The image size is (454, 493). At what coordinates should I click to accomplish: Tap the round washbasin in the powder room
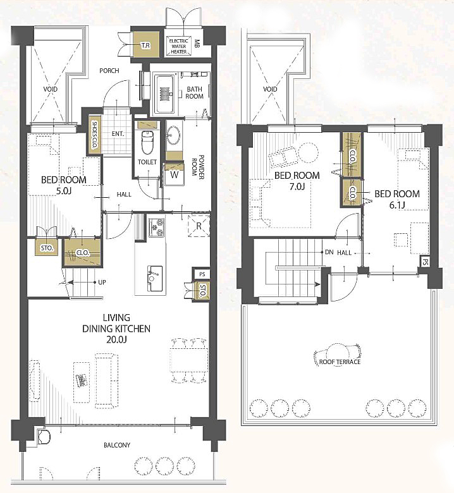pyautogui.click(x=173, y=135)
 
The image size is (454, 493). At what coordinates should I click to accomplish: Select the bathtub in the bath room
pyautogui.click(x=164, y=94)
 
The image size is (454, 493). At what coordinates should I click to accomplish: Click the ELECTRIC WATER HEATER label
pyautogui.click(x=179, y=46)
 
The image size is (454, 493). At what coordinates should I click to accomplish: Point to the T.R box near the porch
pyautogui.click(x=145, y=45)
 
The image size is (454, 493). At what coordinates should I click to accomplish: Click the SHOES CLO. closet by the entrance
pyautogui.click(x=94, y=135)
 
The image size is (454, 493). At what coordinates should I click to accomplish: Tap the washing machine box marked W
pyautogui.click(x=174, y=174)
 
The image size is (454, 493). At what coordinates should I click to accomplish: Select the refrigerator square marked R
pyautogui.click(x=199, y=226)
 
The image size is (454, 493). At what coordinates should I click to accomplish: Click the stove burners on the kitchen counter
pyautogui.click(x=157, y=228)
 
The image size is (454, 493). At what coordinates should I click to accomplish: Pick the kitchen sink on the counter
pyautogui.click(x=155, y=278)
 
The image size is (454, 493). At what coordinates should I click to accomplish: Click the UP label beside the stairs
pyautogui.click(x=102, y=283)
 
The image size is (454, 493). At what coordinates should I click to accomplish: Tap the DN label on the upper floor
pyautogui.click(x=329, y=252)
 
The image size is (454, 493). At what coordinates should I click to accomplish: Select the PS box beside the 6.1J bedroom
pyautogui.click(x=426, y=262)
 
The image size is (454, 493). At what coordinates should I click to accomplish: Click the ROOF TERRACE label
pyautogui.click(x=340, y=362)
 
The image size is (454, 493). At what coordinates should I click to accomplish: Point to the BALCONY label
pyautogui.click(x=117, y=445)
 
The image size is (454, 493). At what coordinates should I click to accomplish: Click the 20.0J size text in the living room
pyautogui.click(x=116, y=339)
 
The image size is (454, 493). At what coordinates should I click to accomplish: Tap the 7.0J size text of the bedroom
pyautogui.click(x=297, y=186)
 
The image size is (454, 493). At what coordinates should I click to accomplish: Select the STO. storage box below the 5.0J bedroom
pyautogui.click(x=47, y=248)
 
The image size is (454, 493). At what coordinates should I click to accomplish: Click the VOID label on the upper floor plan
pyautogui.click(x=270, y=89)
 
